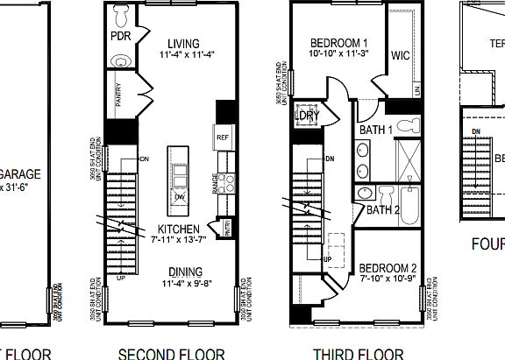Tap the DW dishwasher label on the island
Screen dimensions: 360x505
180,196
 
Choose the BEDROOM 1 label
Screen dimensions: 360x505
338,43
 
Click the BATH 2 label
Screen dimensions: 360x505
382,209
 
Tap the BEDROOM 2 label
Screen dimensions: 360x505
388,266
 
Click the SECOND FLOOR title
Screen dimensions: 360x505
172,353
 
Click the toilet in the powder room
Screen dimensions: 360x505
122,16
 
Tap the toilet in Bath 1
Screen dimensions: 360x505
406,127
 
